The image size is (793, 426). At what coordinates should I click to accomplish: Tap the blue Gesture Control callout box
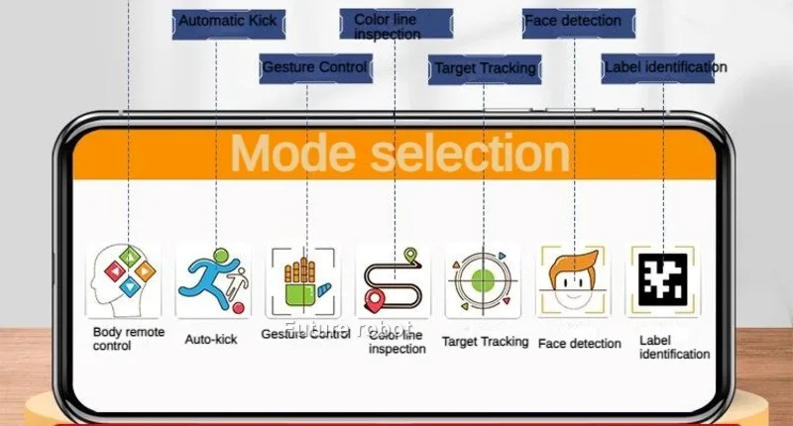click(x=314, y=67)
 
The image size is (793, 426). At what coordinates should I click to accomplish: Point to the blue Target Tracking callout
click(x=485, y=67)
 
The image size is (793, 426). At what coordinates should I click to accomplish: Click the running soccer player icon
click(x=213, y=279)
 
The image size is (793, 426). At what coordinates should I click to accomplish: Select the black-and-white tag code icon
click(x=663, y=279)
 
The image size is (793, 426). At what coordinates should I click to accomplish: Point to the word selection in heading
click(x=470, y=155)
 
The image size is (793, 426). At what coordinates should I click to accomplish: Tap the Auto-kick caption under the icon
click(x=211, y=339)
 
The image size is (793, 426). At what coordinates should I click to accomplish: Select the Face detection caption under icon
click(x=580, y=344)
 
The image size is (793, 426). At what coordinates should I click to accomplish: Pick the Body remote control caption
click(x=128, y=339)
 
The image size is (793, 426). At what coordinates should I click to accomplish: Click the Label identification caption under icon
click(x=674, y=347)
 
